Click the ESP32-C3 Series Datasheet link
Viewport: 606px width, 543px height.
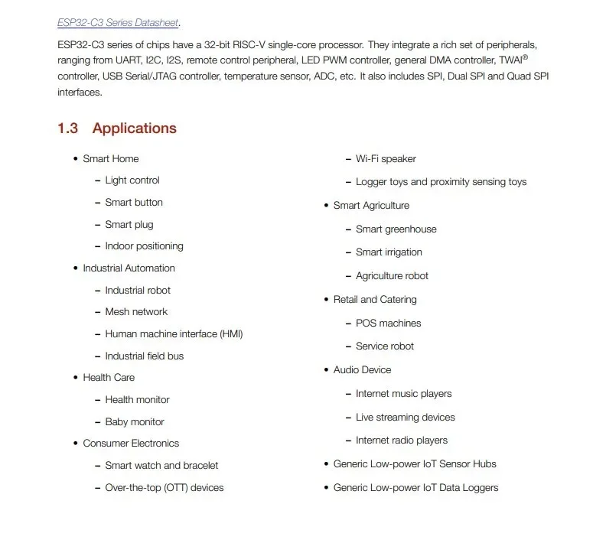[x=118, y=23]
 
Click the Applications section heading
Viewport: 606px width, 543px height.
[x=134, y=128]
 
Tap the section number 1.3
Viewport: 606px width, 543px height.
[x=67, y=128]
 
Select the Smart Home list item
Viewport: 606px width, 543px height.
[x=110, y=159]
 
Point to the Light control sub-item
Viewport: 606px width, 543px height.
[x=132, y=180]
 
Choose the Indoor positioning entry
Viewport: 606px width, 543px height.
[x=144, y=246]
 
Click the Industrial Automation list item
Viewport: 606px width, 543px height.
[x=129, y=268]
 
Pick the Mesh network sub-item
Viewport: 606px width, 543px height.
[x=136, y=312]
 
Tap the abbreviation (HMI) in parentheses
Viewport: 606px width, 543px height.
[x=231, y=334]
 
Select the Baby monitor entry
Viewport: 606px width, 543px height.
[x=135, y=422]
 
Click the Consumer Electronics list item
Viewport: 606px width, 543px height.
[x=131, y=444]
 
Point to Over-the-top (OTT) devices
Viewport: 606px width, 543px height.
[x=165, y=488]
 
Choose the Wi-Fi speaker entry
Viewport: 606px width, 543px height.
[x=386, y=159]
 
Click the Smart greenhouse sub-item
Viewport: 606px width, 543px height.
[x=396, y=229]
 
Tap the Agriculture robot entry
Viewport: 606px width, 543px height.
[x=392, y=276]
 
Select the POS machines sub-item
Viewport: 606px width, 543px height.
[x=388, y=324]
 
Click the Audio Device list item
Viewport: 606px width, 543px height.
[x=362, y=370]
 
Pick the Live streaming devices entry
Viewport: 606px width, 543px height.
[x=405, y=418]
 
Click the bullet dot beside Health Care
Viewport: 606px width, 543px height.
[x=75, y=378]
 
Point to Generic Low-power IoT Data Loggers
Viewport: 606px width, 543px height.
[x=415, y=488]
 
